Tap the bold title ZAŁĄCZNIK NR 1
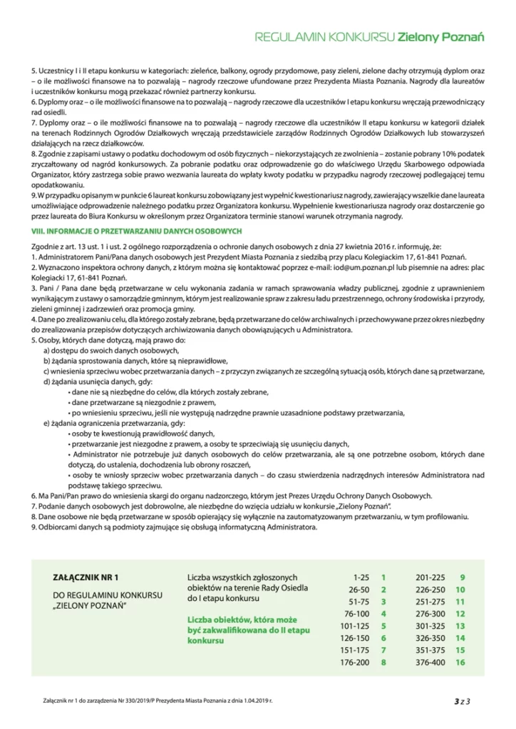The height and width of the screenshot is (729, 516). click(x=84, y=578)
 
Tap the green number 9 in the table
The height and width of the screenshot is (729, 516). click(x=463, y=577)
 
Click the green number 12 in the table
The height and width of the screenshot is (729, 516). click(x=460, y=614)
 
